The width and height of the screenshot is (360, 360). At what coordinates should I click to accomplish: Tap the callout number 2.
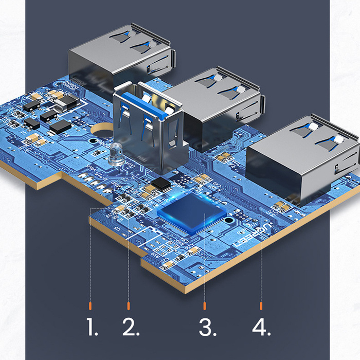pos(131,327)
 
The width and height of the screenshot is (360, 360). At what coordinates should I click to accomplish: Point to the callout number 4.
pos(261,327)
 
